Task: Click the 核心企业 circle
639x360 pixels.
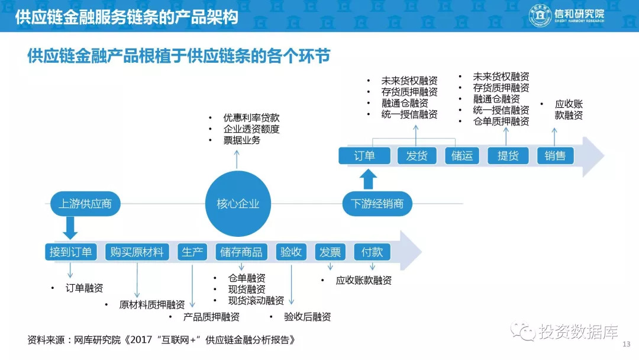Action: pos(238,204)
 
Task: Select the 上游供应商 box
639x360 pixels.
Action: pos(85,204)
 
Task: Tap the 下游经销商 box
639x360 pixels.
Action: pos(377,204)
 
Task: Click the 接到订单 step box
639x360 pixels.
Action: pos(71,252)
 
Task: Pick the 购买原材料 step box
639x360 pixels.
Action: pos(137,252)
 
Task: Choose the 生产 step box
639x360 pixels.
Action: pos(192,252)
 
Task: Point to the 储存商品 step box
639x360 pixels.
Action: pos(241,252)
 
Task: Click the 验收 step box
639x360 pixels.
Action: pos(291,252)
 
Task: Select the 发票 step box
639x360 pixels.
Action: pos(330,252)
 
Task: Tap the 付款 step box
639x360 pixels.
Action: pos(372,252)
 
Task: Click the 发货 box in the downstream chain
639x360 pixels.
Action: pos(417,156)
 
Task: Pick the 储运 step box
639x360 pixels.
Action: pos(462,156)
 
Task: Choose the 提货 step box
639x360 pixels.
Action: pos(508,156)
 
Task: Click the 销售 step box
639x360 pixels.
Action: pos(555,156)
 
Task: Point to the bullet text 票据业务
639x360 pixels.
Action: pos(241,141)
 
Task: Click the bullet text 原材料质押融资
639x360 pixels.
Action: pos(152,305)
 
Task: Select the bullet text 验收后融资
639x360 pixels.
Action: pos(307,317)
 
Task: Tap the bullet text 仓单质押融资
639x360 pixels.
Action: pos(501,121)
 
